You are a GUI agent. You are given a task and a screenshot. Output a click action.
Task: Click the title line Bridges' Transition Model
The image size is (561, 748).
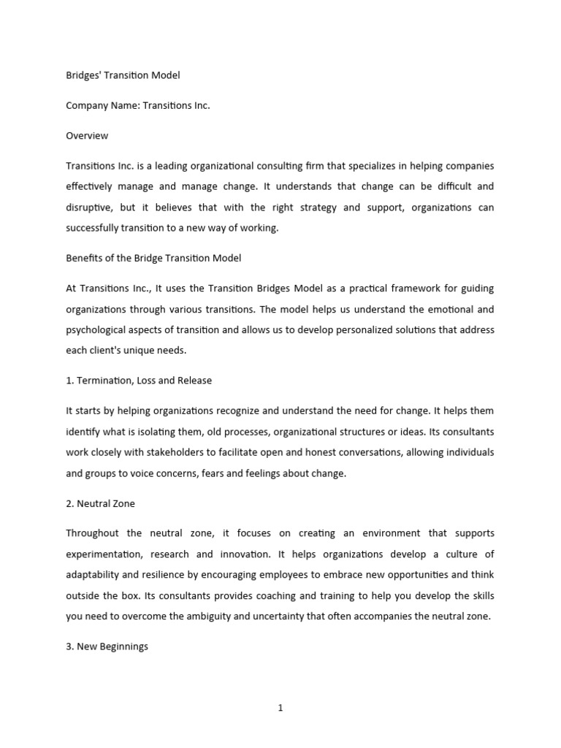(123, 75)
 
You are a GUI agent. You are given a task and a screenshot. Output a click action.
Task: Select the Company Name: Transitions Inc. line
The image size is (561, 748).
(137, 105)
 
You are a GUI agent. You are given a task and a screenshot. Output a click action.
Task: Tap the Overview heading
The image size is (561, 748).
(87, 135)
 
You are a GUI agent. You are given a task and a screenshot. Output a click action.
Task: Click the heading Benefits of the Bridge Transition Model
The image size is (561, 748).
(153, 258)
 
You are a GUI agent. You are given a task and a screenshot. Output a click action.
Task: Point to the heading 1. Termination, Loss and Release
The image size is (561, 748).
(139, 381)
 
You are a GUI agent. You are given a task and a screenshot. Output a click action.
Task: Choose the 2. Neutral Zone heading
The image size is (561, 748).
(100, 503)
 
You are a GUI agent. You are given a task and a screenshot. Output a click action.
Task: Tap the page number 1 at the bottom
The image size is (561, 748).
(280, 707)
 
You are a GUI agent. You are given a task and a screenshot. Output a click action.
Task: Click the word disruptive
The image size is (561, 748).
(89, 207)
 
